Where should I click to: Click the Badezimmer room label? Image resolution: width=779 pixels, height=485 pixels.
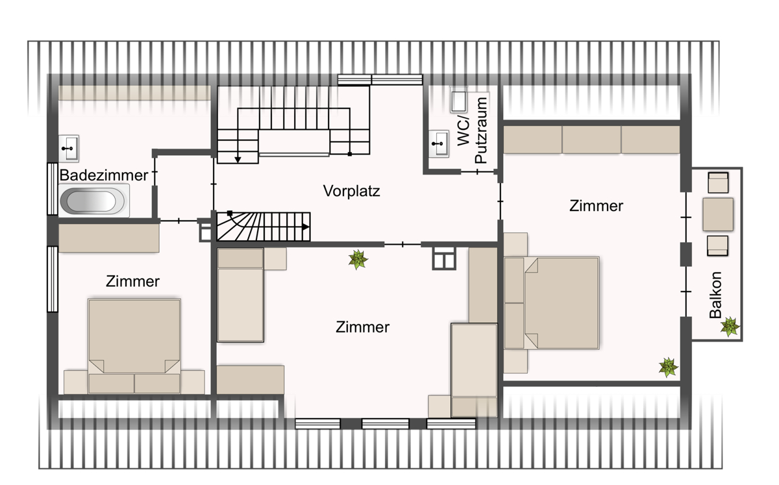[104, 175]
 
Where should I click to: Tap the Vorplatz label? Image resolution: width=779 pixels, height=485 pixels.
[352, 191]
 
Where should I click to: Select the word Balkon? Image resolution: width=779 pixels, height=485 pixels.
[715, 295]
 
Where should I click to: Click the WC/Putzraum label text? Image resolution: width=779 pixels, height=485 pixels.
[471, 130]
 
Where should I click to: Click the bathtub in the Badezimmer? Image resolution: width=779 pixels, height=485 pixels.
[92, 201]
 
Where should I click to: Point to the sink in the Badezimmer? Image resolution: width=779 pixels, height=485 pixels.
[69, 149]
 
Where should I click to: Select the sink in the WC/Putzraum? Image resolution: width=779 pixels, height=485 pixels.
[439, 143]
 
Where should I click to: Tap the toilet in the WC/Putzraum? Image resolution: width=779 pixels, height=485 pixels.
[459, 101]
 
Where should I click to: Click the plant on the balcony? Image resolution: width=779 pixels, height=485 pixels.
[730, 327]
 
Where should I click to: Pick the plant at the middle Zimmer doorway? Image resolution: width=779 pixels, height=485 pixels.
[358, 260]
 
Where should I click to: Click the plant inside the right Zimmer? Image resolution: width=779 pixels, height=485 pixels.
[668, 367]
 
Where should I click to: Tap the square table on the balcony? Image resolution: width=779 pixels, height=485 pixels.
[718, 214]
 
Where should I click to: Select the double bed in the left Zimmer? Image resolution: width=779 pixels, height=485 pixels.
[134, 346]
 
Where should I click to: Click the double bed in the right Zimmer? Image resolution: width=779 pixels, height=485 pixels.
[552, 303]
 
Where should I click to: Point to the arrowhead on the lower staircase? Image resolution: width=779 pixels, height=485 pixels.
[305, 227]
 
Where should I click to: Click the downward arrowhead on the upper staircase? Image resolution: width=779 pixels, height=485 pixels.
[238, 160]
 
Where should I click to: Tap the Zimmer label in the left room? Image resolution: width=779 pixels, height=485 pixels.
[132, 282]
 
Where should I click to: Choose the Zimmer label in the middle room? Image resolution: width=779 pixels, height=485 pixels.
[362, 327]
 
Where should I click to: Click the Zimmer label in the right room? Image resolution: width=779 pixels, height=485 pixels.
[596, 206]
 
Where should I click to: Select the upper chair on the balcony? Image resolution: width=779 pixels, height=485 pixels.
[718, 182]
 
